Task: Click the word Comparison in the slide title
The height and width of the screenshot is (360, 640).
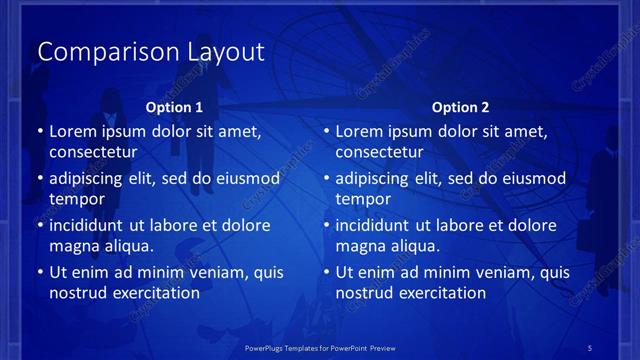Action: pyautogui.click(x=94, y=52)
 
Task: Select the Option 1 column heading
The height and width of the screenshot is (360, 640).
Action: pyautogui.click(x=174, y=107)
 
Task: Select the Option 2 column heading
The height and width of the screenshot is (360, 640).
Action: pyautogui.click(x=460, y=107)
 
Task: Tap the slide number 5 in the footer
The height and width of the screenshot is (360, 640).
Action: pyautogui.click(x=589, y=347)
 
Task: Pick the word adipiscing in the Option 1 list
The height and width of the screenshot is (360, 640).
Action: pyautogui.click(x=88, y=179)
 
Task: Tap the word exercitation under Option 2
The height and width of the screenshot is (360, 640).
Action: pyautogui.click(x=443, y=293)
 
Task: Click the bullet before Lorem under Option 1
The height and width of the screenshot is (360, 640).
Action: pyautogui.click(x=40, y=132)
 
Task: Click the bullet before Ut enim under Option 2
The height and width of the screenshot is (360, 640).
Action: pyautogui.click(x=326, y=272)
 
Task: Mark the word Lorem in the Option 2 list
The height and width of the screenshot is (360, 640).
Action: pyautogui.click(x=359, y=131)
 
